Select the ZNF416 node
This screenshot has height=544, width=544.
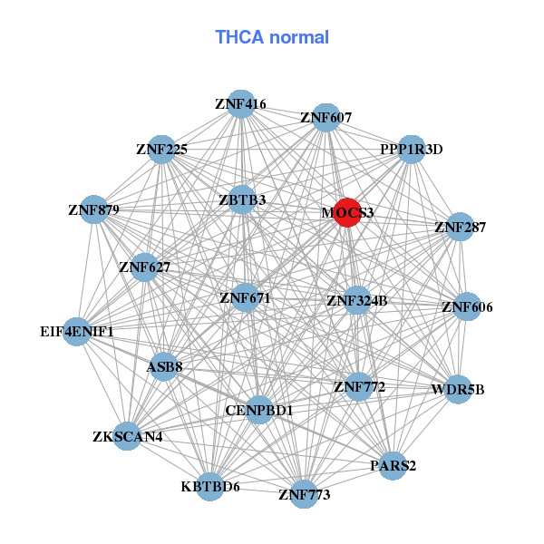click(240, 103)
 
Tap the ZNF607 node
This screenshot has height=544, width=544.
click(325, 117)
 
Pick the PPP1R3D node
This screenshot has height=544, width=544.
click(412, 150)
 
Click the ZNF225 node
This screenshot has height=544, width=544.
click(161, 150)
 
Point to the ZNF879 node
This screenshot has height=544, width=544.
click(93, 209)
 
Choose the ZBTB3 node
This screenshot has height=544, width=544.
click(241, 199)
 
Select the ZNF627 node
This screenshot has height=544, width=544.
click(144, 267)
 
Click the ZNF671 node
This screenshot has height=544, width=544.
click(245, 297)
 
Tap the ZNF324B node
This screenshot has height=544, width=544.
click(357, 300)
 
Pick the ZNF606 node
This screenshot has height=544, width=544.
click(467, 307)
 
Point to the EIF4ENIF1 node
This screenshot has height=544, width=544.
click(77, 332)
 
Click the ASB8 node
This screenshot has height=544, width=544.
click(164, 366)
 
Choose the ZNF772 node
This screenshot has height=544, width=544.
click(359, 387)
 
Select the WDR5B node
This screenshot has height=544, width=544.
click(459, 390)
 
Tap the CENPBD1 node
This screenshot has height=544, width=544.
click(259, 411)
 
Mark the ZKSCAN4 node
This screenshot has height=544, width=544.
click(127, 437)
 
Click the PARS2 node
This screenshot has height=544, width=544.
click(393, 466)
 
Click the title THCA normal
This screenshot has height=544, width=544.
click(272, 37)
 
